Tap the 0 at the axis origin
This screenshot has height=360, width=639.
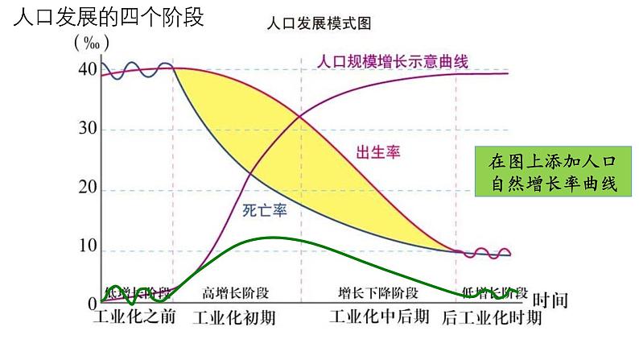click(92, 304)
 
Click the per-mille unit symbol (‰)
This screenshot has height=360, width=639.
click(91, 41)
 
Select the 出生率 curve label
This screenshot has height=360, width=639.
click(378, 151)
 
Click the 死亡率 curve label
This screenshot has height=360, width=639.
click(266, 211)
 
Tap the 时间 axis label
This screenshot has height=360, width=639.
click(550, 301)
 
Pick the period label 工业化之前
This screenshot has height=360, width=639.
click(134, 317)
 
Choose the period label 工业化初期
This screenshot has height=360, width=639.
click(235, 318)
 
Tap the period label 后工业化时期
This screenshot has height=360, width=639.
click(492, 318)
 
